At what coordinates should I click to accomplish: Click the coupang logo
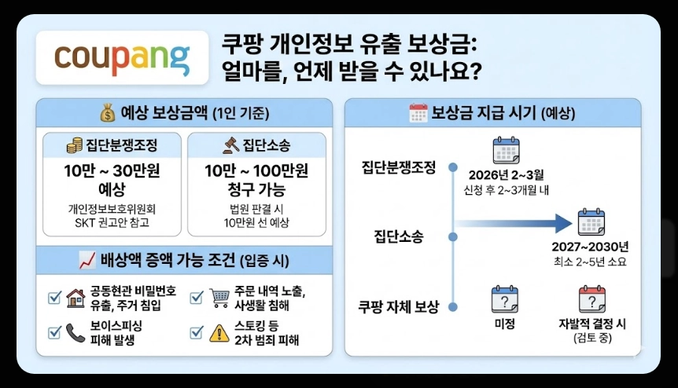(122, 57)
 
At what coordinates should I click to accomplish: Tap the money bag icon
(107, 112)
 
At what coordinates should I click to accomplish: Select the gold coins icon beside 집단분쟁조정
(75, 145)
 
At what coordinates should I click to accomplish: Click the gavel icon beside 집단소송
(232, 145)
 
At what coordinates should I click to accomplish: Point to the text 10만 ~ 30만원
(112, 170)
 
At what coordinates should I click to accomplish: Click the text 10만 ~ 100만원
(256, 170)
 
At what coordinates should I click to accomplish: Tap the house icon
(76, 298)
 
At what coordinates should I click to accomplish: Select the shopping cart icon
(219, 298)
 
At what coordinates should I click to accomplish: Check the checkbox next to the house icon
(55, 298)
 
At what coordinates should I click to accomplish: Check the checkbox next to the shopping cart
(197, 298)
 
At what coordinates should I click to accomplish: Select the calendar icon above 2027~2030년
(591, 223)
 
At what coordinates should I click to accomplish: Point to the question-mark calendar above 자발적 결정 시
(591, 299)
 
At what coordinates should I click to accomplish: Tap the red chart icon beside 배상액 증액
(87, 258)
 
